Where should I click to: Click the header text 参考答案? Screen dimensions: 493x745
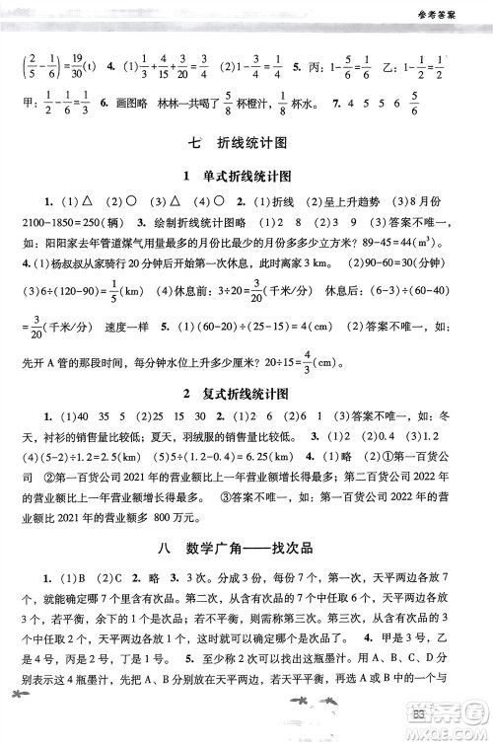[450, 14]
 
